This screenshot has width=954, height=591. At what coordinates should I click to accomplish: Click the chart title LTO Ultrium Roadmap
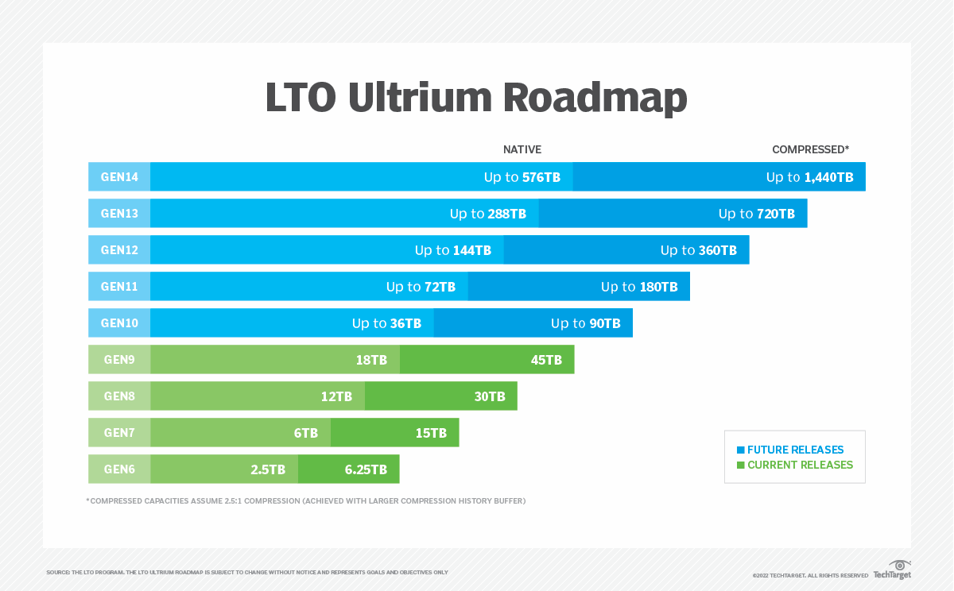476,98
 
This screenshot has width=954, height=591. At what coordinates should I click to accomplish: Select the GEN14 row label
119,177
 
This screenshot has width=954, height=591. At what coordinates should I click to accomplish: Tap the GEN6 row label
119,469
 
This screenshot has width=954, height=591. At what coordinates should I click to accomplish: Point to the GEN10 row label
119,323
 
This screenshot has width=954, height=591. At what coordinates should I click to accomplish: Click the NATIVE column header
522,149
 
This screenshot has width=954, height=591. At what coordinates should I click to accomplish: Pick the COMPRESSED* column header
810,149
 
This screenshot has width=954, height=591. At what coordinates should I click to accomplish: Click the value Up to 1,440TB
809,177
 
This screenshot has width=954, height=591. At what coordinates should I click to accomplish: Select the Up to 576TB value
522,177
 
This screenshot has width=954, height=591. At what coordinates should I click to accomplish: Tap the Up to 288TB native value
488,214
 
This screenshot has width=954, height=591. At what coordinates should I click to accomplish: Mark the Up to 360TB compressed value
699,250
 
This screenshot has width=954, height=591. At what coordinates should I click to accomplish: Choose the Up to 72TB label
421,287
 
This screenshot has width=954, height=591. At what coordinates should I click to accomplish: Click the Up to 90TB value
586,323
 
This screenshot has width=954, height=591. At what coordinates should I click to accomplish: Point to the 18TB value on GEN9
371,360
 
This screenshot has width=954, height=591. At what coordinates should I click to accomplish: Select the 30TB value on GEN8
490,396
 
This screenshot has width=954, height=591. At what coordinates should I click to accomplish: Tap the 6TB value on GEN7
305,433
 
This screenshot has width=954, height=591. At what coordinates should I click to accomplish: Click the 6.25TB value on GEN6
366,469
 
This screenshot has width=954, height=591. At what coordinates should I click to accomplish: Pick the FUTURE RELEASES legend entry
795,450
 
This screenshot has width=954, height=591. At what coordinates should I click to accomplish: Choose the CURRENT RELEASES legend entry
800,465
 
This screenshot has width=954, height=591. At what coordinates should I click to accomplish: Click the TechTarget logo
892,570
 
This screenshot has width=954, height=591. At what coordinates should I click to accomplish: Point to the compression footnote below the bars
306,501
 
